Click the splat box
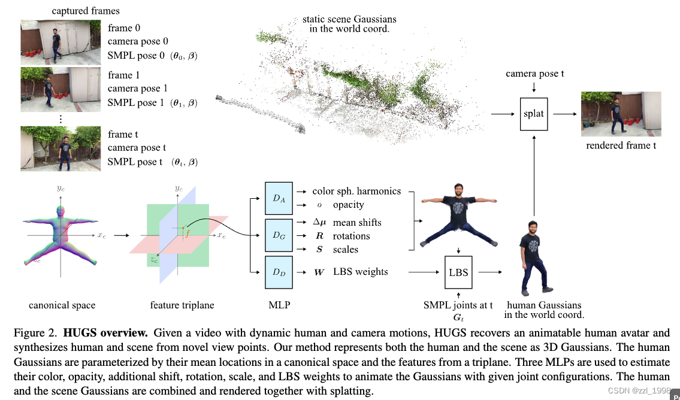point(533,113)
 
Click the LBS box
point(458,272)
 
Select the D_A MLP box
point(279,198)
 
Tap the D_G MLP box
point(279,235)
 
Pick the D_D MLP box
point(279,272)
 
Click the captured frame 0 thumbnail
point(61,42)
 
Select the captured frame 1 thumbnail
point(61,89)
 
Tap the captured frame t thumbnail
point(61,149)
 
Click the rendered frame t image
point(621,114)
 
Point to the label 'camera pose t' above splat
point(534,74)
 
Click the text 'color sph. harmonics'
point(356,191)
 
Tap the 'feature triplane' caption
point(182,305)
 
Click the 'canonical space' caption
point(62,305)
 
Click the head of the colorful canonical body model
point(59,213)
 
